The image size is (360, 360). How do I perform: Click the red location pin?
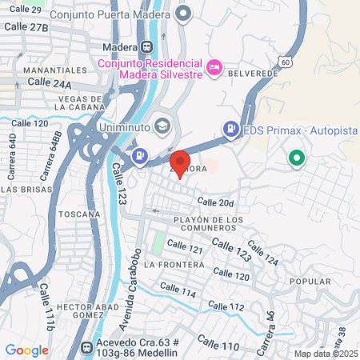(x=181, y=163)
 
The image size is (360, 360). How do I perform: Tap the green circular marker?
(x=298, y=159)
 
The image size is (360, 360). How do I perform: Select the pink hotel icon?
(x=214, y=68)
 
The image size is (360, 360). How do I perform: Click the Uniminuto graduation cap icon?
(x=163, y=126)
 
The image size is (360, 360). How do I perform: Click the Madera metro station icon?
(x=146, y=46)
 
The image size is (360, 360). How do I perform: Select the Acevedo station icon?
(x=87, y=348)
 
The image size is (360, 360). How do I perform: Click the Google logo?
(x=26, y=350)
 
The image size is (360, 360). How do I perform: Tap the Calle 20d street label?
(x=216, y=203)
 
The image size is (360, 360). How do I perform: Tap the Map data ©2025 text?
(x=325, y=354)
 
